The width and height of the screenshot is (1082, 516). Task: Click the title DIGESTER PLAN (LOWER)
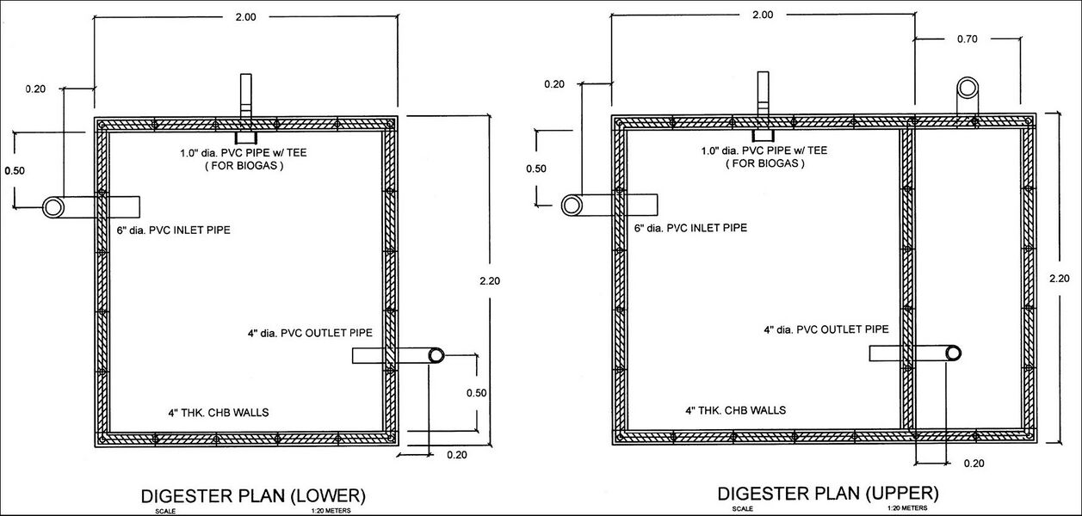252,495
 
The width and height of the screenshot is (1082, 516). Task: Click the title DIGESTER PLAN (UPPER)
827,494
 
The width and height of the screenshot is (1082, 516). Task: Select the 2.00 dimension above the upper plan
762,15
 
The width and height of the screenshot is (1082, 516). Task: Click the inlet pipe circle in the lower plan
54,207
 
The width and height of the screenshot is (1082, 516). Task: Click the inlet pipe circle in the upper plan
572,205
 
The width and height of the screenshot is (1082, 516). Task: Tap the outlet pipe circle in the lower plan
436,355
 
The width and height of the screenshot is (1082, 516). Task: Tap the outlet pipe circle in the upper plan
952,353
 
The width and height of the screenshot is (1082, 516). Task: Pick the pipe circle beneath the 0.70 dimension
968,87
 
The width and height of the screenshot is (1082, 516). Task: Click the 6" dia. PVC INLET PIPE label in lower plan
173,230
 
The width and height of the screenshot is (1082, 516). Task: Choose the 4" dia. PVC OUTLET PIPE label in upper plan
826,329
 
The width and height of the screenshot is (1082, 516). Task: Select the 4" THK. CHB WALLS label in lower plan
219,412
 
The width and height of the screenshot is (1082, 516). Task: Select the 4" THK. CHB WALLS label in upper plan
735,410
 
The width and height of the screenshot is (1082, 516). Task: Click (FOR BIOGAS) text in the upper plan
765,163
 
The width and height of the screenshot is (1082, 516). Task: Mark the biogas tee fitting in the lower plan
245,137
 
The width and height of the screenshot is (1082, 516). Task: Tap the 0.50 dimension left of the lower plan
15,169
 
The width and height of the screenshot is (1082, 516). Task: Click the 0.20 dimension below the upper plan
974,463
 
